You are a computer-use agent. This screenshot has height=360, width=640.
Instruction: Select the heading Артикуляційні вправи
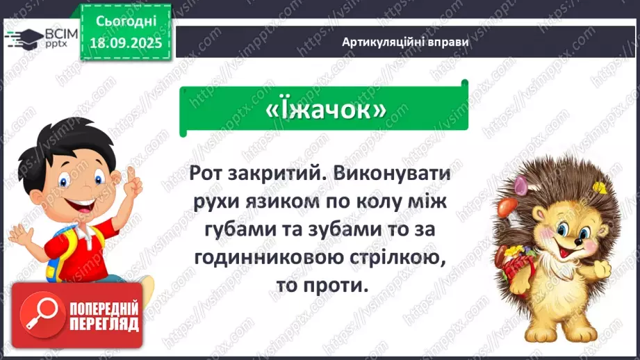(x=405, y=42)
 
